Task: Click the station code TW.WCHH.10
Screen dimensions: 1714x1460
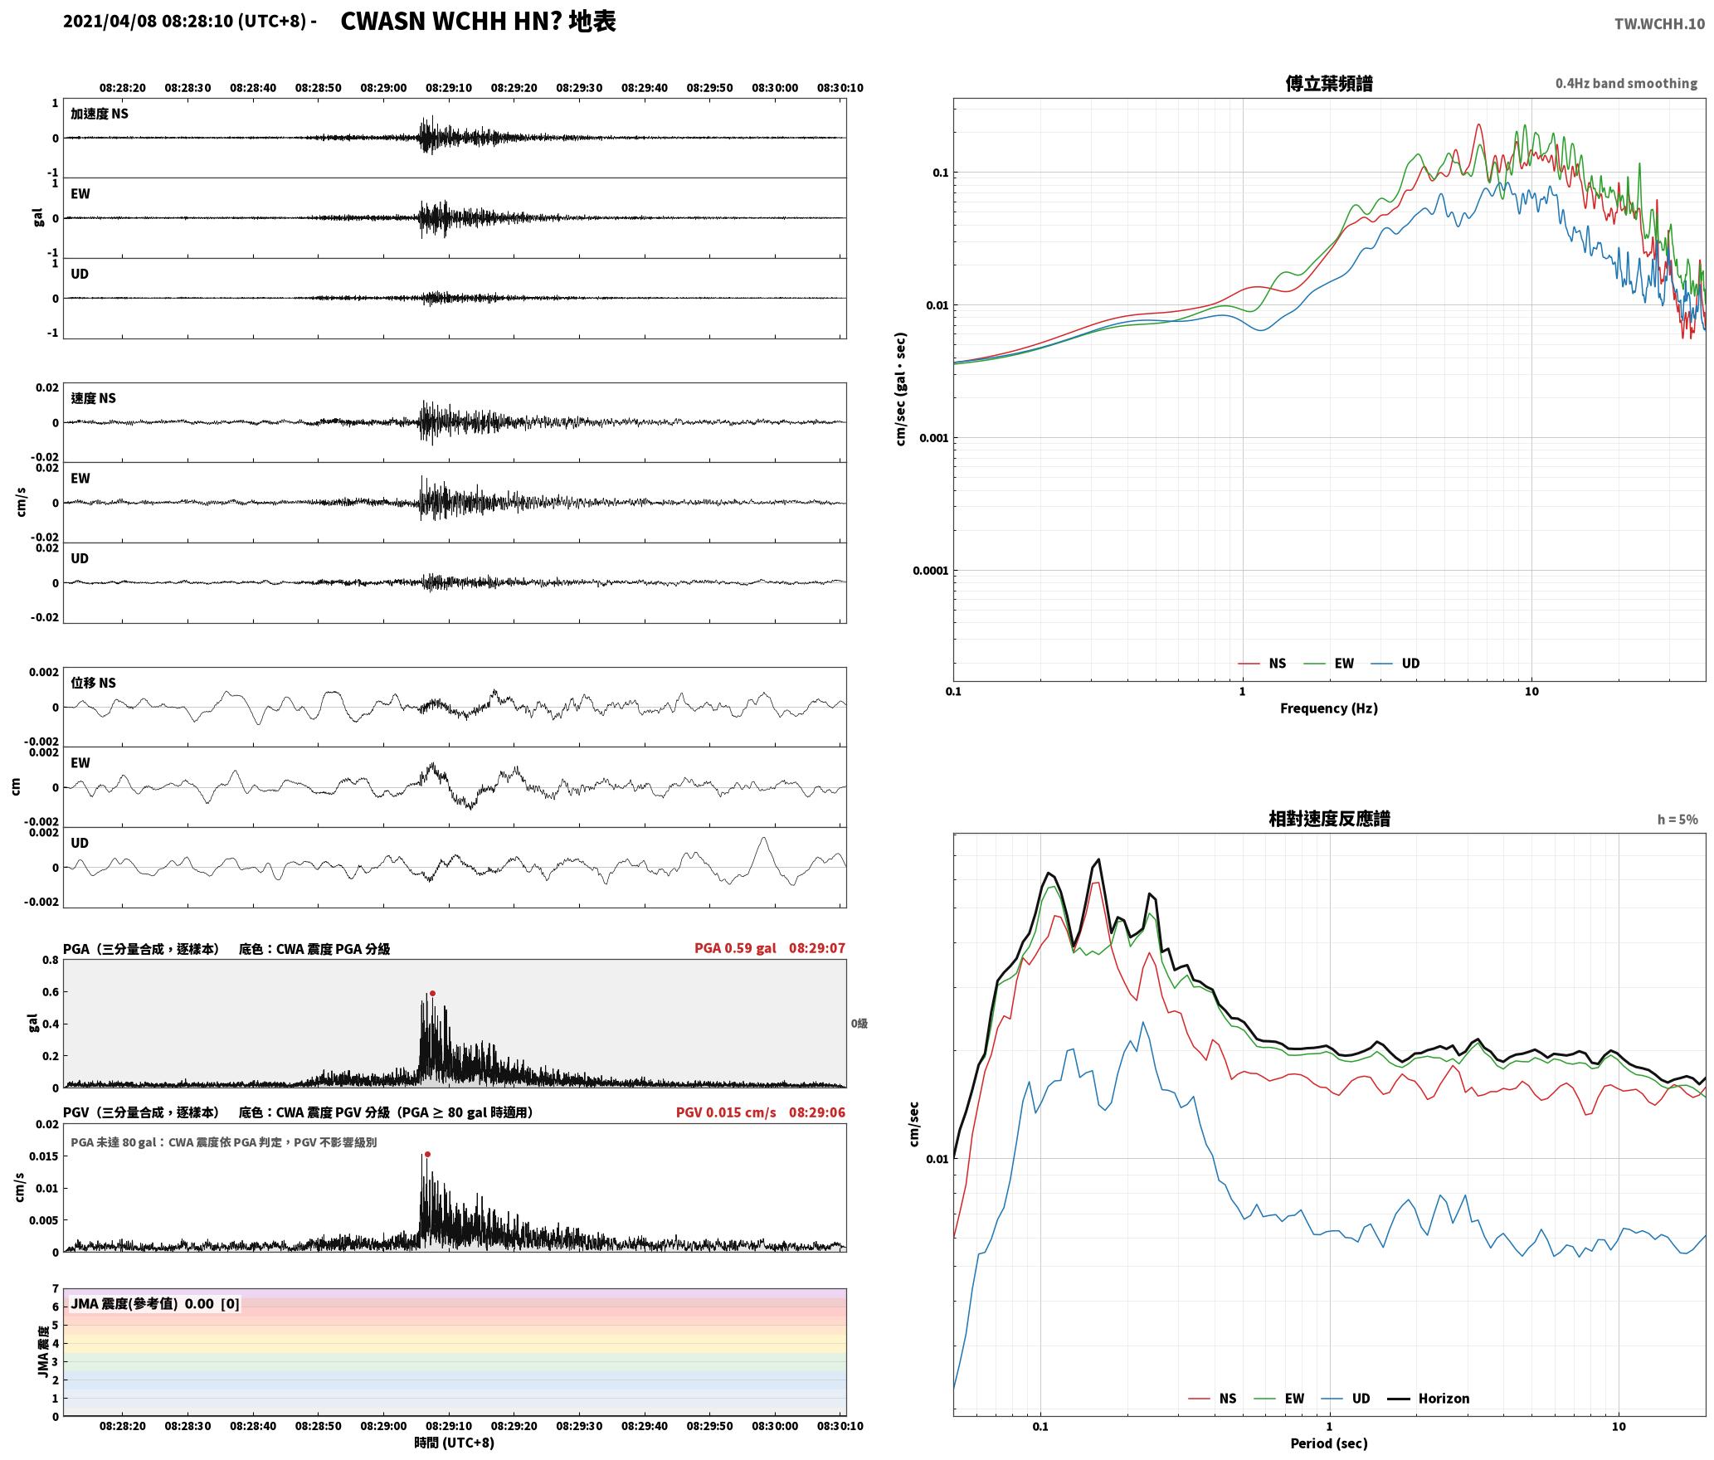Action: [1659, 23]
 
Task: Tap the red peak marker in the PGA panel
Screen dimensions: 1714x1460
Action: [432, 993]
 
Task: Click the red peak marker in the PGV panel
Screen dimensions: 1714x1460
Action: [427, 1154]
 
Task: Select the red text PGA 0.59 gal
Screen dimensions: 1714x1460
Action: [735, 948]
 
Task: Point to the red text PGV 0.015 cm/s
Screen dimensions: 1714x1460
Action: [726, 1112]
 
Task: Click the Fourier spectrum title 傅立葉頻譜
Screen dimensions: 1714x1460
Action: [1329, 83]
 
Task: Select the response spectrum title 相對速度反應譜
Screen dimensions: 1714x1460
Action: [1329, 819]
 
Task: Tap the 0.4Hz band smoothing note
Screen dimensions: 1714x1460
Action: [1626, 84]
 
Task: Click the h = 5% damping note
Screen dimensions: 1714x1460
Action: [1677, 820]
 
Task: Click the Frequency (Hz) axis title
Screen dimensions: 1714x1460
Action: [1329, 708]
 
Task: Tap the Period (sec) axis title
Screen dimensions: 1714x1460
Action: [1329, 1443]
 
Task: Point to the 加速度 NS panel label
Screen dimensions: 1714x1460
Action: [100, 114]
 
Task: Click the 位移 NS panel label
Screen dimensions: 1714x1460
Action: [94, 683]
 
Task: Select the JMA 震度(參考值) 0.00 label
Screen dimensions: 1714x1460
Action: [142, 1303]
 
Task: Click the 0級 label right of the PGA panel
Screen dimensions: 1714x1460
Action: [859, 1024]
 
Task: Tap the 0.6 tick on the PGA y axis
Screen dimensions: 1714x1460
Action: [50, 992]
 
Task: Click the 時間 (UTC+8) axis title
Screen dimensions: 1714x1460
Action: [455, 1443]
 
